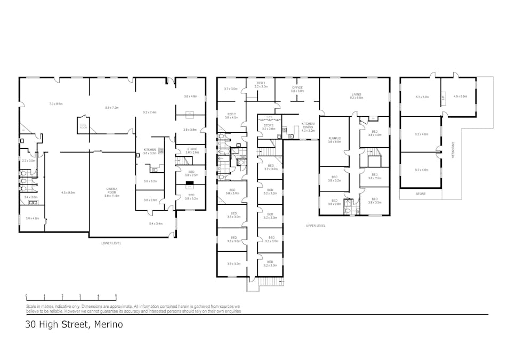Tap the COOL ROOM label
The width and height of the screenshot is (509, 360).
pyautogui.click(x=83, y=126)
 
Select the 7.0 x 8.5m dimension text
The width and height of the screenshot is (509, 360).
pyautogui.click(x=56, y=103)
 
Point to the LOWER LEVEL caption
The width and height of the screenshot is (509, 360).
pyautogui.click(x=111, y=243)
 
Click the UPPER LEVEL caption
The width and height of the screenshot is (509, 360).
pyautogui.click(x=315, y=226)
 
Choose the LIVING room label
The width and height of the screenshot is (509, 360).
pyautogui.click(x=356, y=95)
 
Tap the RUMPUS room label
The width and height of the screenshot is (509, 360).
pyautogui.click(x=334, y=140)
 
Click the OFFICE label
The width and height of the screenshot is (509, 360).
pyautogui.click(x=297, y=89)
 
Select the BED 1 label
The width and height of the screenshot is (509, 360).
pyautogui.click(x=261, y=84)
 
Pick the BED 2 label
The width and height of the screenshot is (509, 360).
pyautogui.click(x=231, y=115)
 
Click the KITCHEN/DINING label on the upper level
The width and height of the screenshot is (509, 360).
pyautogui.click(x=308, y=124)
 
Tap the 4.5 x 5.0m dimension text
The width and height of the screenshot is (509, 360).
pyautogui.click(x=459, y=97)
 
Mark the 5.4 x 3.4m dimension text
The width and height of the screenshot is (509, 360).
pyautogui.click(x=155, y=223)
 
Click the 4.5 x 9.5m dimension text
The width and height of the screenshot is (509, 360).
pyautogui.click(x=68, y=193)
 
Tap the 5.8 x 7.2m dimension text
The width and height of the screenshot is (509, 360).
pyautogui.click(x=112, y=108)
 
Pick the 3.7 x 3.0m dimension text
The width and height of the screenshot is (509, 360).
pyautogui.click(x=230, y=89)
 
